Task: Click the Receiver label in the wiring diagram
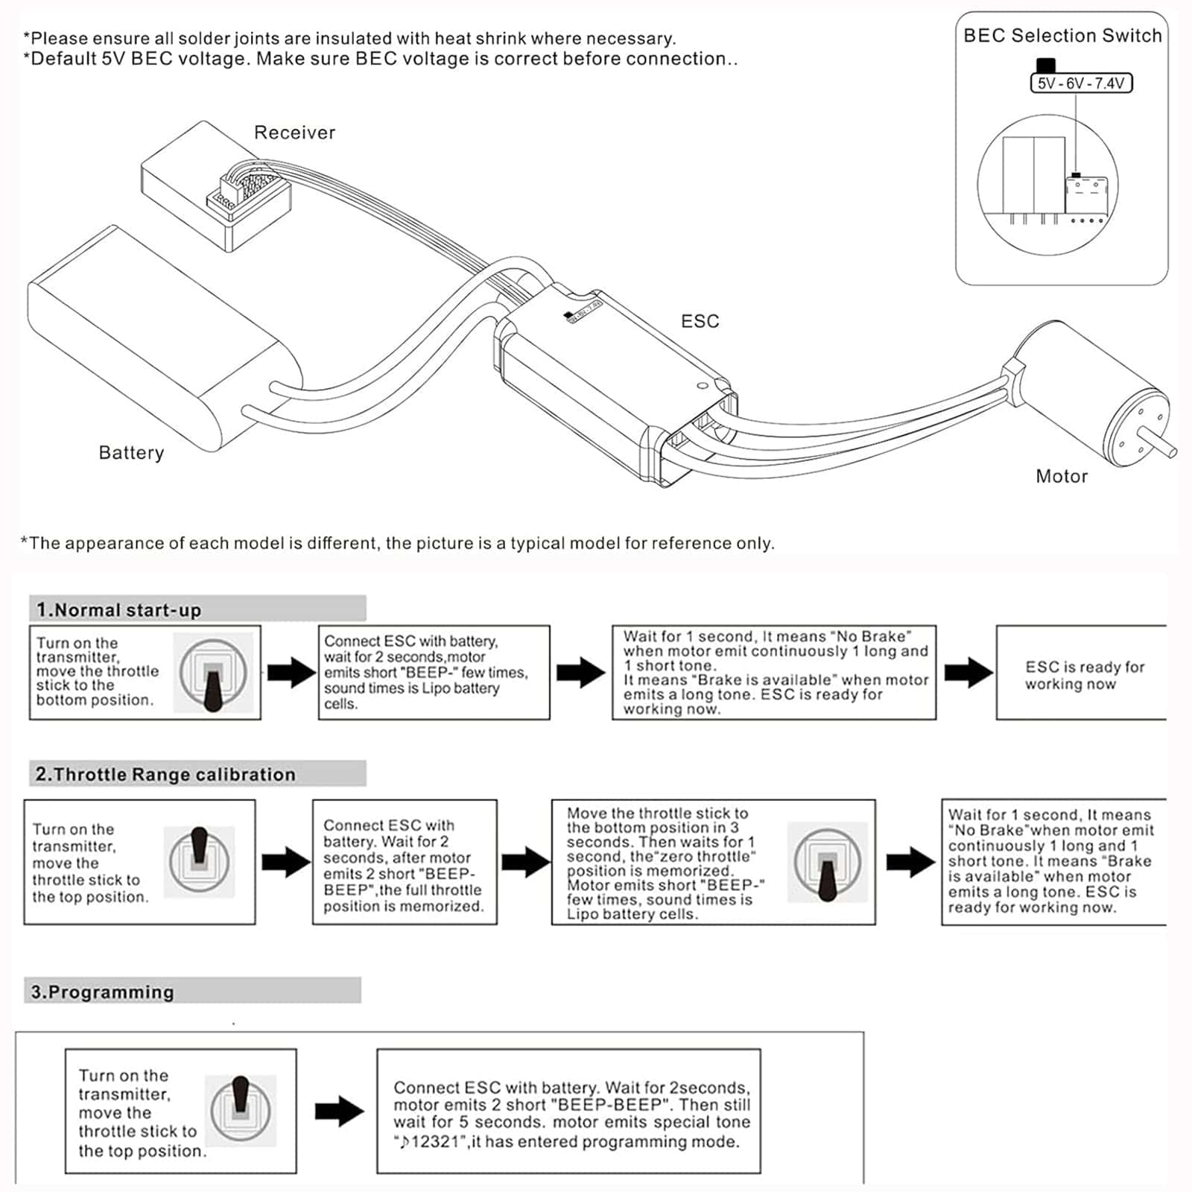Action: (x=294, y=133)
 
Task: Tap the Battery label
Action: (x=131, y=453)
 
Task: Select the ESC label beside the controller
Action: (x=700, y=321)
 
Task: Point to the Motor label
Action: (x=1062, y=476)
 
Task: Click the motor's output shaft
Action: (x=1160, y=441)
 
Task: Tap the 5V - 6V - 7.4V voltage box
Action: (x=1081, y=83)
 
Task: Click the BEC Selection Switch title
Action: (x=1062, y=36)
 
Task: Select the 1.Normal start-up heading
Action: (x=119, y=610)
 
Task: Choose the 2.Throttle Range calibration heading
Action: (x=165, y=775)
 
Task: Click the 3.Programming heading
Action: (x=102, y=992)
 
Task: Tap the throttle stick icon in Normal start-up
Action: (x=213, y=673)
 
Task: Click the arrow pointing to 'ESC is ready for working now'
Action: (x=968, y=672)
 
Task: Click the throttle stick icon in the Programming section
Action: (x=241, y=1110)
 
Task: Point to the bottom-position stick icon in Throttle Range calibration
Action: (x=828, y=863)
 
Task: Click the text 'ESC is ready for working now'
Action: (x=1085, y=675)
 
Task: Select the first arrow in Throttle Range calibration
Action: (x=287, y=862)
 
